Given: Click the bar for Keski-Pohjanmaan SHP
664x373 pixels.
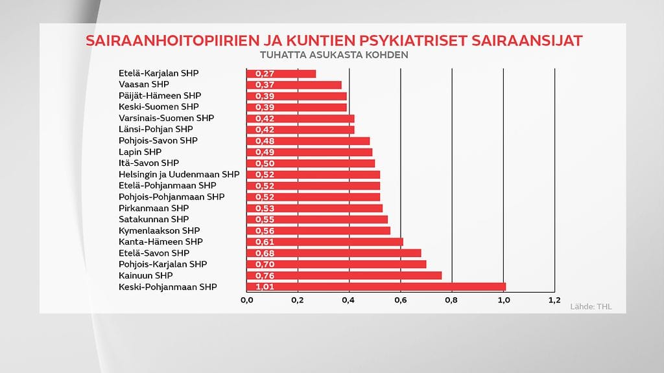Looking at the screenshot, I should (376, 287).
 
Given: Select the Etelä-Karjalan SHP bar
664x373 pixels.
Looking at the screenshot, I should (281, 74).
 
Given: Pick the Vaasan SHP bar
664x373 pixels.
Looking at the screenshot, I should (294, 85).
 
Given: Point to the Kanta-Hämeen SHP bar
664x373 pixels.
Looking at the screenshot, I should (324, 242).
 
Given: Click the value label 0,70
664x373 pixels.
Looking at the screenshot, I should (265, 264).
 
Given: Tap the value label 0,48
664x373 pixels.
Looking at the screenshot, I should (265, 141).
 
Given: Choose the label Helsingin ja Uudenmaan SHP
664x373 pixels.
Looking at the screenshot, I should (179, 174).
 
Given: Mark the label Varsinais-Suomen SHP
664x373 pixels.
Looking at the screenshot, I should (166, 119).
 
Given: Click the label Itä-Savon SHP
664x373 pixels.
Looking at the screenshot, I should (148, 163).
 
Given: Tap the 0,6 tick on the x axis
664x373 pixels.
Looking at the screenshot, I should (401, 300).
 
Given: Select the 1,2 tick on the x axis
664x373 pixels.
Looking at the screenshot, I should (554, 300).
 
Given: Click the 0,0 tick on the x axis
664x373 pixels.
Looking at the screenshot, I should (246, 300).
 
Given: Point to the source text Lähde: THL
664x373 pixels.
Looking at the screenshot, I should (591, 306).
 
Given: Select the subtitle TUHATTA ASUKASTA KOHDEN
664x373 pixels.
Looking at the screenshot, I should (333, 55).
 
